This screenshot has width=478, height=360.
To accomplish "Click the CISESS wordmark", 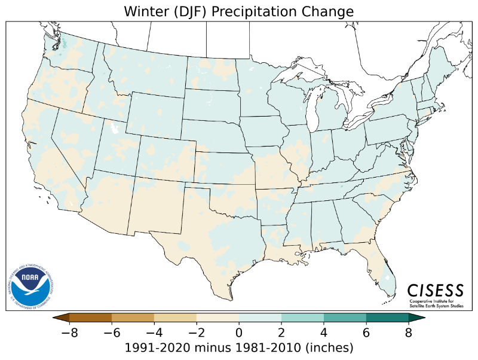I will [x=435, y=290].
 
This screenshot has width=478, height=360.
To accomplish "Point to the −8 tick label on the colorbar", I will [x=71, y=333].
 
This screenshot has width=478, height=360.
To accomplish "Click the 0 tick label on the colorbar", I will [x=239, y=333].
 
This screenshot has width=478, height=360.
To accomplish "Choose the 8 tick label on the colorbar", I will [x=408, y=333].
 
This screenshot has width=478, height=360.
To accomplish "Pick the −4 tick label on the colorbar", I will [x=155, y=333].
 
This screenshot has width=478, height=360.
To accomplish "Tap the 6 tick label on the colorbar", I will [x=366, y=333].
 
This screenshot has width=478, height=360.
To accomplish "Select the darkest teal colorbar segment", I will [x=387, y=318].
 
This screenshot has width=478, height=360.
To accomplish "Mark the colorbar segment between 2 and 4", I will [x=302, y=318].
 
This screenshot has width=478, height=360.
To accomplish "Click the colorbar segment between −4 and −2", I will [x=176, y=318].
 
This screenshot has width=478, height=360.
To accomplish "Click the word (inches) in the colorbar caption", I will [x=328, y=347].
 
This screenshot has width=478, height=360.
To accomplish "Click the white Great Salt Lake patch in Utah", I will [x=113, y=128].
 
